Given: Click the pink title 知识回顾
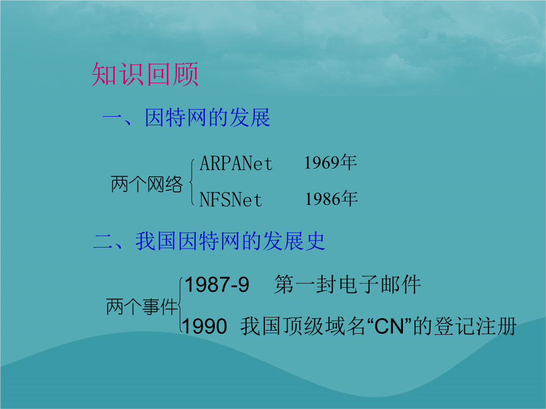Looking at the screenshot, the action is [x=145, y=74].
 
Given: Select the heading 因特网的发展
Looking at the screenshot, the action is [x=208, y=118].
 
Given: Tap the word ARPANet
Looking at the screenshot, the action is [x=236, y=163].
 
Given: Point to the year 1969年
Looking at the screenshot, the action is [x=331, y=162].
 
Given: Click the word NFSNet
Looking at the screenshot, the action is [x=231, y=199].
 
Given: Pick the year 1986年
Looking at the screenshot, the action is [x=332, y=198].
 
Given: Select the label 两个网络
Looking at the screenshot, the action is [x=147, y=184].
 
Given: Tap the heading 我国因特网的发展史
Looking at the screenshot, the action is [x=231, y=241].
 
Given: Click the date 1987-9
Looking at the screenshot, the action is [x=217, y=284].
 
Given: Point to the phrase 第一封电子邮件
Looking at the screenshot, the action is [x=347, y=284].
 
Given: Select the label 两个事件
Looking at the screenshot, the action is [x=142, y=306].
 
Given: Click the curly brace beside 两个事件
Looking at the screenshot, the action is [x=179, y=304].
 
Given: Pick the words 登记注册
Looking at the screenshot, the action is [x=475, y=326].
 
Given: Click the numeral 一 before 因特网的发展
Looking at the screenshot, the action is [x=113, y=118].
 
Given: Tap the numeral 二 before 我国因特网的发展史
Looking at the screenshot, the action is [x=104, y=241].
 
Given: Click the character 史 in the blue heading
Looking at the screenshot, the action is [x=315, y=241].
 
